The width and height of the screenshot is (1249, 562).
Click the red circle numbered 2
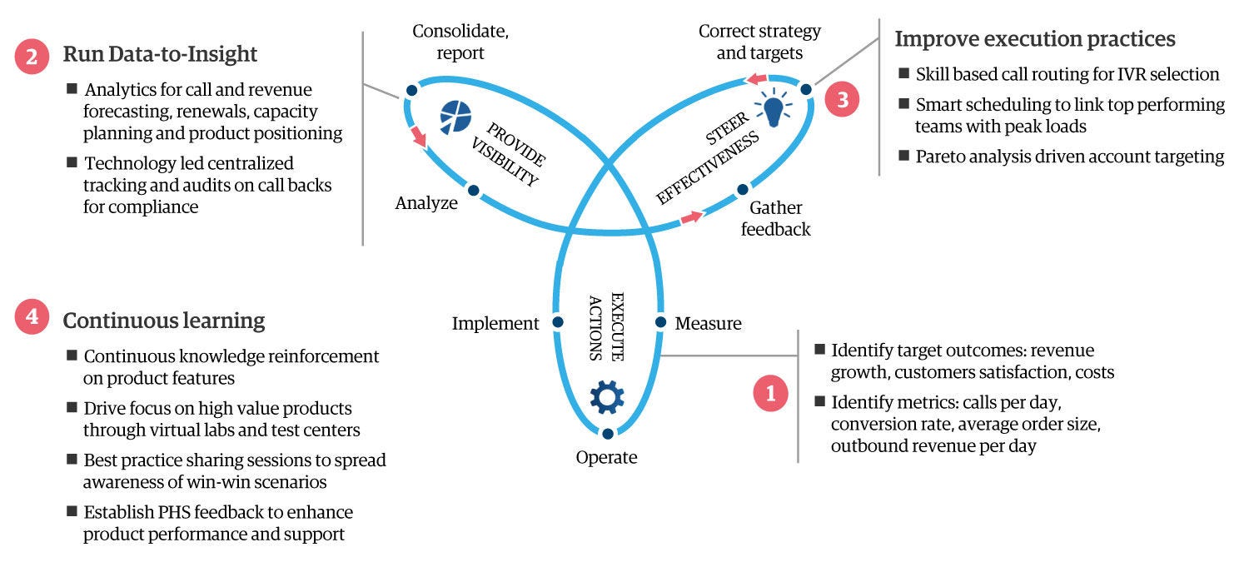(x=32, y=56)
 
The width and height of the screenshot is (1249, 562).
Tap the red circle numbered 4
(x=32, y=320)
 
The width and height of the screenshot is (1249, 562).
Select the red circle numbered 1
(x=770, y=393)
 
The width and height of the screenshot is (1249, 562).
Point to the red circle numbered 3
(x=843, y=100)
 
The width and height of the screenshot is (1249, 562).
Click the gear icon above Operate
(x=606, y=397)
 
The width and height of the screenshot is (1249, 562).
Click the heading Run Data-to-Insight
(x=160, y=55)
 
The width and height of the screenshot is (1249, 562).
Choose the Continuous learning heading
(x=164, y=321)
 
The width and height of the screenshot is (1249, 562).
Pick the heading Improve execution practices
(x=1035, y=38)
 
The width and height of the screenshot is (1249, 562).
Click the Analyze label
(x=426, y=202)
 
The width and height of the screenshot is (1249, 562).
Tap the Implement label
(x=495, y=324)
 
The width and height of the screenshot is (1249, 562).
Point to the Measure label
(x=708, y=323)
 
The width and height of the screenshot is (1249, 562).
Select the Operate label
(x=606, y=457)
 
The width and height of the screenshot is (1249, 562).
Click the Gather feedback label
(x=775, y=218)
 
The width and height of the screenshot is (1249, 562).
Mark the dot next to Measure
(x=660, y=321)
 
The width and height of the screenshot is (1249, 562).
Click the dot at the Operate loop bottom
(x=608, y=433)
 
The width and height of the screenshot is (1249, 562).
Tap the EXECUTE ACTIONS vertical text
(x=605, y=326)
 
